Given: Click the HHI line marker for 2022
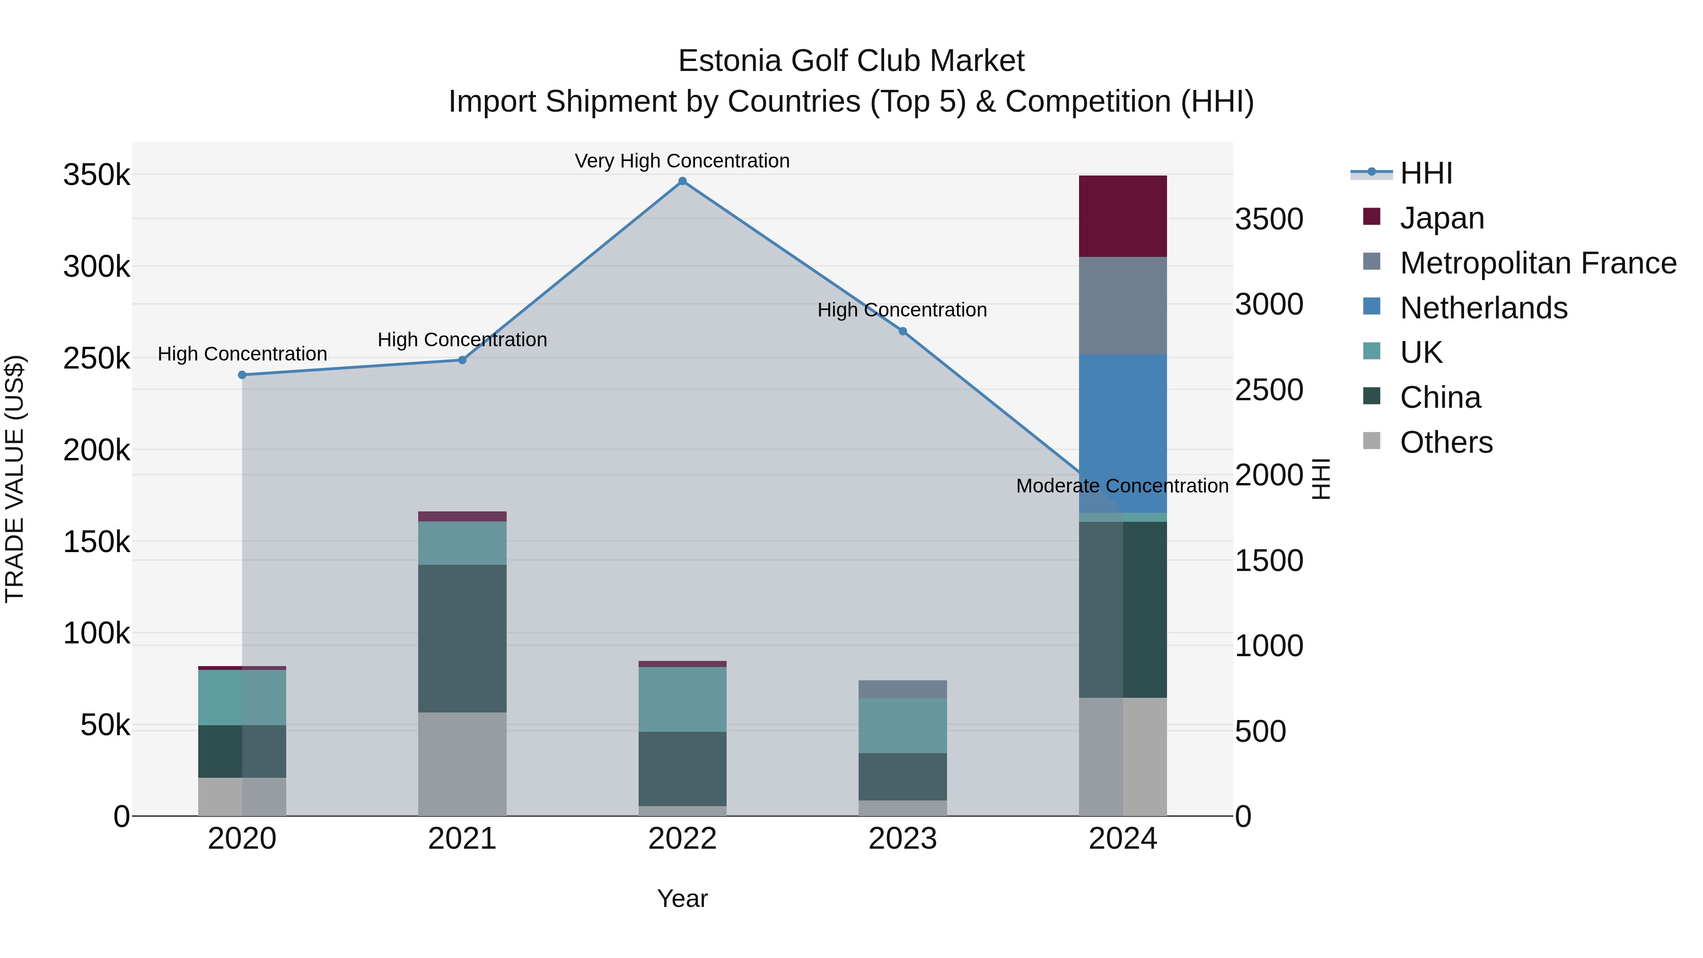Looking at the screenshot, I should point(682,181).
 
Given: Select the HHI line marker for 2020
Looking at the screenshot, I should point(242,375).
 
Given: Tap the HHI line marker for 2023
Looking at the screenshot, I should point(903,331).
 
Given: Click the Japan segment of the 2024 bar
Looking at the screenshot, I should point(1123,216).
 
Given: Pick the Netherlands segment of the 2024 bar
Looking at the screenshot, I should point(1123,434).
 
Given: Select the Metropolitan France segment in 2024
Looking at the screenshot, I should point(1123,306).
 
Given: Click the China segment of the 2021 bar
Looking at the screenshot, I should point(462,638).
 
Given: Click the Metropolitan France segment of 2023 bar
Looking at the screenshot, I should point(903,689).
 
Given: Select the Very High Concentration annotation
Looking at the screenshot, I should point(682,161).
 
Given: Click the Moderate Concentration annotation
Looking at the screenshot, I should point(1122,486).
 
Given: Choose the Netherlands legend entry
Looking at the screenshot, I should point(1483,308).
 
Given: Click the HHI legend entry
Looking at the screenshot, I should point(1425,173).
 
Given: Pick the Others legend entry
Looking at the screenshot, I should point(1446,442).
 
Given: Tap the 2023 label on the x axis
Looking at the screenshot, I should point(903,839).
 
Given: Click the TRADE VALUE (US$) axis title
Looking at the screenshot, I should point(15,479).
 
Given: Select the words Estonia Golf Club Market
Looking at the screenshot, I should point(851,61).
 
